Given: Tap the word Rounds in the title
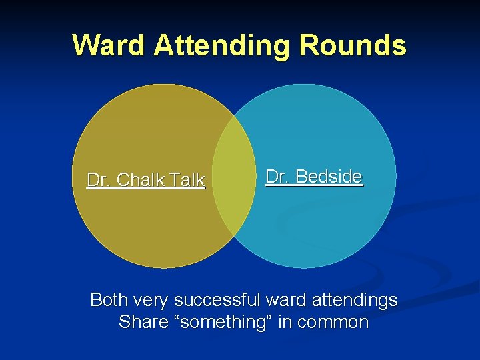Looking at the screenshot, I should click(x=353, y=45).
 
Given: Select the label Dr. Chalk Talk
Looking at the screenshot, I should click(x=146, y=180).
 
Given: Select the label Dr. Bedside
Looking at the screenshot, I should click(x=314, y=177).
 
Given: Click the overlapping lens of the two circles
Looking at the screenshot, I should click(x=234, y=176).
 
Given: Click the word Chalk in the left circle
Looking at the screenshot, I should click(x=141, y=180).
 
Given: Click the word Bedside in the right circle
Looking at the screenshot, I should click(x=329, y=177).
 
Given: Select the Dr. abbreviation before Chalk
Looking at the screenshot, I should click(x=99, y=180).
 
